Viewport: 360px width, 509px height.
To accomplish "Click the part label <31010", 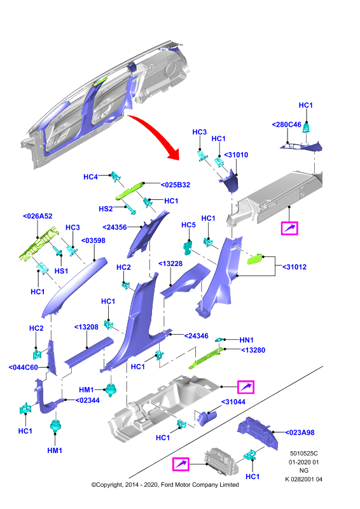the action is (x=236, y=155).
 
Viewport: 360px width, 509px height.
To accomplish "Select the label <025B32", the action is (x=176, y=185).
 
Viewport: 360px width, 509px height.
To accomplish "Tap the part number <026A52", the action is (x=38, y=216).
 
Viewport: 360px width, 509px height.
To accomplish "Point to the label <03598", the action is (x=93, y=241).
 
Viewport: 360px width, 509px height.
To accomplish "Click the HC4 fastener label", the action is (x=90, y=177).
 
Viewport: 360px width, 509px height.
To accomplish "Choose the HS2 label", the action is (x=106, y=209).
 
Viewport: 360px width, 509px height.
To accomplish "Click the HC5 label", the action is (x=189, y=225).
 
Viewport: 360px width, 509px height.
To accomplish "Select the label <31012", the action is (x=294, y=267).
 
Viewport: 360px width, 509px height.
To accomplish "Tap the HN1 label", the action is (x=246, y=340).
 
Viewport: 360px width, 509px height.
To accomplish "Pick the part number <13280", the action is (x=253, y=350).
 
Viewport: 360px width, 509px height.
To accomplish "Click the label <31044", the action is (x=233, y=402).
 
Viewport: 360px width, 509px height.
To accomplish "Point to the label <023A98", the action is (x=300, y=433).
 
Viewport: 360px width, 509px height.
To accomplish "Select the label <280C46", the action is (x=287, y=125).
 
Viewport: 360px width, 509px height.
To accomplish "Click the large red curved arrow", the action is (x=158, y=133).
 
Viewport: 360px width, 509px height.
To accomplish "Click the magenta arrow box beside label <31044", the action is (x=246, y=387).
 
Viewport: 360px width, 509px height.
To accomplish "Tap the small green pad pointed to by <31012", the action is (x=256, y=259).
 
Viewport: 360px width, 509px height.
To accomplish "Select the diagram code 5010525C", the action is (x=304, y=454).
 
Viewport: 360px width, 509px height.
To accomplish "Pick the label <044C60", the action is (x=24, y=367).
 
